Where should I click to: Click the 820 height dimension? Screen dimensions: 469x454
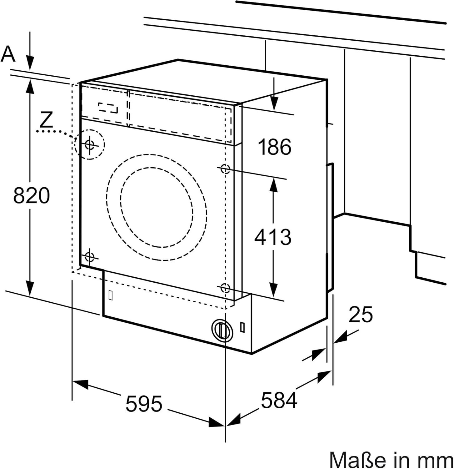[x=32, y=195]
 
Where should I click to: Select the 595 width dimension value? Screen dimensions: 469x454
[x=144, y=404]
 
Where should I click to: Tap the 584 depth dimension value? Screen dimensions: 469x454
[x=279, y=401]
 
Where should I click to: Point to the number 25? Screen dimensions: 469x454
[x=361, y=315]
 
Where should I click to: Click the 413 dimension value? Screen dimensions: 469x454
[x=272, y=237]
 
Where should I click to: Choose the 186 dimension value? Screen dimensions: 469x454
[x=275, y=147]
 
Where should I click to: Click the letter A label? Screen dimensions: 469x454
[x=8, y=54]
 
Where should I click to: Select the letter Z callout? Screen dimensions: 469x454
[x=47, y=120]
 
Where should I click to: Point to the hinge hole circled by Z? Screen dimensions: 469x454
[x=90, y=144]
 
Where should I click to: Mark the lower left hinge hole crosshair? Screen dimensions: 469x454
[x=90, y=257]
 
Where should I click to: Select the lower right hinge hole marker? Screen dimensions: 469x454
[x=225, y=288]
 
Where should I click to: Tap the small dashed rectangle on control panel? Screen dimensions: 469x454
[x=108, y=108]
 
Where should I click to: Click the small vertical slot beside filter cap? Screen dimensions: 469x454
[x=242, y=326]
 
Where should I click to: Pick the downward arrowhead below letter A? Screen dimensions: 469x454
[x=30, y=64]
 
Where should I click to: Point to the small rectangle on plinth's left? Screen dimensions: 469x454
[x=110, y=295]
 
